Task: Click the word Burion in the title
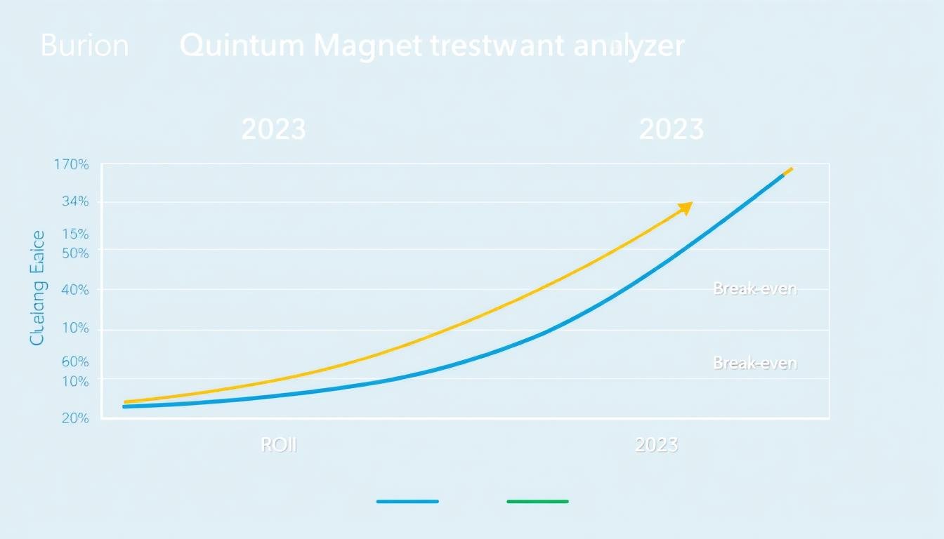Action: (84, 46)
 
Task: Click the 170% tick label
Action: (72, 165)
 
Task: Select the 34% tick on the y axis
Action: (74, 202)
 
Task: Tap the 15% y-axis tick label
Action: (75, 234)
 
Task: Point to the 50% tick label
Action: (75, 253)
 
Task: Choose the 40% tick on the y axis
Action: (75, 290)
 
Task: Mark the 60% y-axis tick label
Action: (75, 362)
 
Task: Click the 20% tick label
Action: (75, 418)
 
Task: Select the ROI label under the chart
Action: (279, 445)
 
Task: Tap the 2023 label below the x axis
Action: (656, 445)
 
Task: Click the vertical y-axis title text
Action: (37, 288)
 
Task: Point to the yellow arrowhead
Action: (686, 208)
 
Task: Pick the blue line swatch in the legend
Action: (407, 502)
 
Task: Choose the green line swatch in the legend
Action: (537, 502)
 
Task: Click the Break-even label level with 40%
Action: (755, 289)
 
